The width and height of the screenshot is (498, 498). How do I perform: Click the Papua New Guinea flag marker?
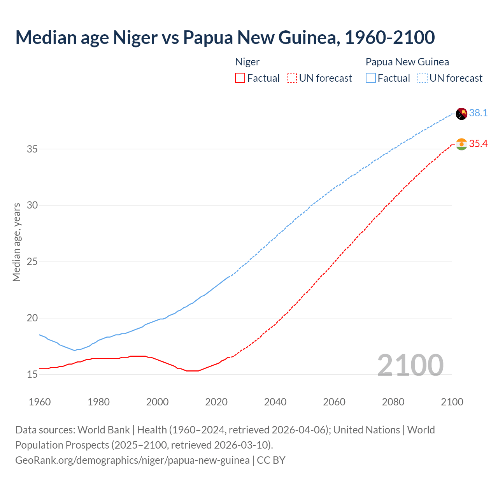(x=461, y=114)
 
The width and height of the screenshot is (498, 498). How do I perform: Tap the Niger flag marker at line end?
(x=461, y=144)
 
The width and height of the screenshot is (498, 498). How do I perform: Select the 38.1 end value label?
(x=478, y=113)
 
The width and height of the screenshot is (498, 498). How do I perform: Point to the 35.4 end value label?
(x=478, y=144)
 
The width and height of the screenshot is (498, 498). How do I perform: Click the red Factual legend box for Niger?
(x=240, y=78)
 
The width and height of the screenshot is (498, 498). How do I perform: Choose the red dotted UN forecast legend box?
(x=292, y=78)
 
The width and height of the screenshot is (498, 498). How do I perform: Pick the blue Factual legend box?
(x=371, y=78)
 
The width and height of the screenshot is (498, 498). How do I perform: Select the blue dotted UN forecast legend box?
(x=423, y=78)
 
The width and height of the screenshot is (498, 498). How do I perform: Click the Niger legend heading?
(x=247, y=62)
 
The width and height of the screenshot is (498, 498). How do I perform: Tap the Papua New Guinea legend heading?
(x=407, y=62)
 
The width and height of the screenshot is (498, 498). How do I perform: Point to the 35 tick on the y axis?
(x=32, y=149)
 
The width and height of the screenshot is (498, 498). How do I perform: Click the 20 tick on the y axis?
(x=32, y=318)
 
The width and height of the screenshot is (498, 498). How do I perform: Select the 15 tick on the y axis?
(x=32, y=375)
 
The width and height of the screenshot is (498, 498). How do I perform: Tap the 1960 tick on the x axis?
(x=40, y=402)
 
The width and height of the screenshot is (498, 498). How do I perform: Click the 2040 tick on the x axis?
(x=275, y=402)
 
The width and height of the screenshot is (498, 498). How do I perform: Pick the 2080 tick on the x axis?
(x=393, y=402)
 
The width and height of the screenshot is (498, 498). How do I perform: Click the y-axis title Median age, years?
(x=16, y=242)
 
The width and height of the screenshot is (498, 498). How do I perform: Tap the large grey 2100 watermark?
(x=410, y=365)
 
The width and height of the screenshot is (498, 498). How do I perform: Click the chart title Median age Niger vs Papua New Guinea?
(x=225, y=37)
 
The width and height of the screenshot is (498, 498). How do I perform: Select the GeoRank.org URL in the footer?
(x=132, y=460)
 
